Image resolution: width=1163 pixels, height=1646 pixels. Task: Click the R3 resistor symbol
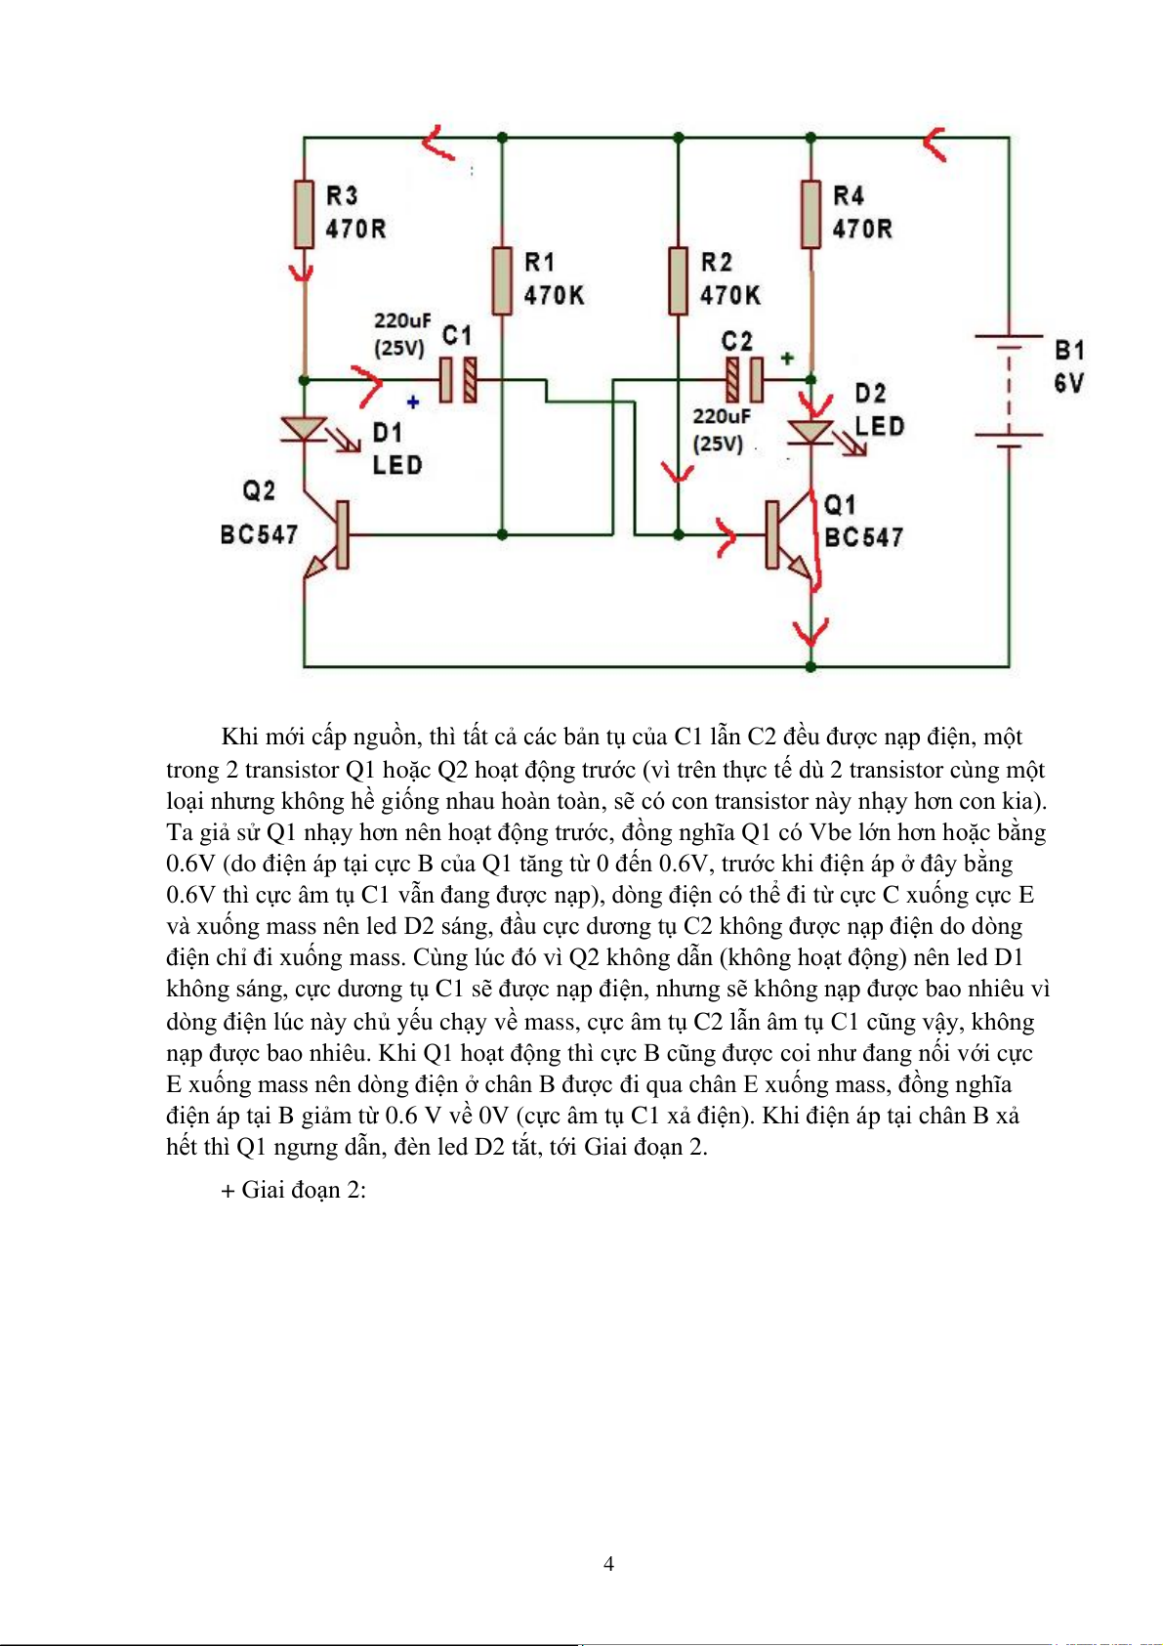click(x=305, y=214)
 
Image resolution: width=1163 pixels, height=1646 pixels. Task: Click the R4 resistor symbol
click(x=810, y=214)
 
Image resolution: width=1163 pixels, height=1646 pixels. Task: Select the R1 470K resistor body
click(x=502, y=281)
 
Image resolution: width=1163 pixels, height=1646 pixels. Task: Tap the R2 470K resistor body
click(x=678, y=281)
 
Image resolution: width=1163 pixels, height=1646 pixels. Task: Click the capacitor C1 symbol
click(x=457, y=379)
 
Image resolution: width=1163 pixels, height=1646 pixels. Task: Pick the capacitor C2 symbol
click(x=744, y=379)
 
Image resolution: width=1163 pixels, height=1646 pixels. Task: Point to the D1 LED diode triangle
click(x=305, y=429)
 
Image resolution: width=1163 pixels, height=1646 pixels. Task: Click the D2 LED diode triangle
click(x=810, y=431)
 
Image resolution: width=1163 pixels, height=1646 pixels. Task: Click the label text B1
click(x=1069, y=350)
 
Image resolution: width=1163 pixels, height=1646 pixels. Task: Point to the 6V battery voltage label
click(x=1068, y=383)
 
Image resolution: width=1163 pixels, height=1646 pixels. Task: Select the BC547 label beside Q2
click(x=259, y=534)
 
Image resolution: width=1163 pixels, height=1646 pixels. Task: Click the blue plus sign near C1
click(x=413, y=401)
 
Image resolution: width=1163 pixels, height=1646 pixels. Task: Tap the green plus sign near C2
click(x=787, y=359)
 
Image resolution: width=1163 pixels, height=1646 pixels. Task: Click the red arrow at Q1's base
click(x=726, y=535)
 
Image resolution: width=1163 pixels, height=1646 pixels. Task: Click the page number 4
click(x=608, y=1564)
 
